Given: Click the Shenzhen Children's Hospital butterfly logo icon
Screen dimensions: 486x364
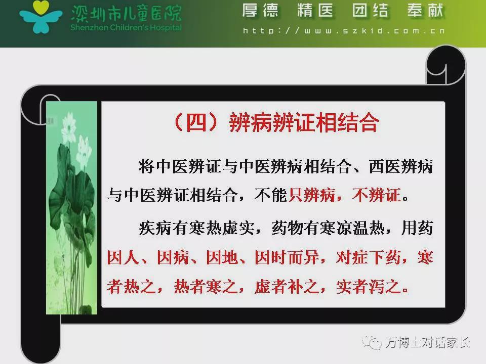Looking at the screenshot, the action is coord(40,17).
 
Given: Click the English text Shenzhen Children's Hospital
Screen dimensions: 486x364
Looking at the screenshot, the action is coord(126,27).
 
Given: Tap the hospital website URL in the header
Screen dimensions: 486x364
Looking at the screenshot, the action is coord(344,31).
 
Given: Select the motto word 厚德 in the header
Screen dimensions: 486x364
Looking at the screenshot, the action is coord(260,10).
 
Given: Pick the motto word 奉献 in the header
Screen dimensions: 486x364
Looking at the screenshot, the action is coord(426,10).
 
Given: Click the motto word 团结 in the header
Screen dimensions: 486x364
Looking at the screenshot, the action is coord(371,10).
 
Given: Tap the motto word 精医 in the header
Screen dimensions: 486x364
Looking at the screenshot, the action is coord(315,10).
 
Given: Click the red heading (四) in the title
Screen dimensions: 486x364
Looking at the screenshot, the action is coord(195,122).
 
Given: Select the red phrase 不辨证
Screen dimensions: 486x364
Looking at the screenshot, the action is coord(377,195).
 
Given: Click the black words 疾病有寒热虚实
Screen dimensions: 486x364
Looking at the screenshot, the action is coord(196,228).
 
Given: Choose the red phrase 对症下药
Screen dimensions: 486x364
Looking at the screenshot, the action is coord(369,257).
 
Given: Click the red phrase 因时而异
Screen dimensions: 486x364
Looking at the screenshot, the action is coord(287,257).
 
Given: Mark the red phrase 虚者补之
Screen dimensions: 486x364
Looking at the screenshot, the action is coord(287,286).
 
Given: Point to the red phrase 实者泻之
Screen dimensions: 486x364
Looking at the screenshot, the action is coord(369,286).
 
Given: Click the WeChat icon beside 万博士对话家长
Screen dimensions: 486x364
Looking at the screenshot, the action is coord(372,342).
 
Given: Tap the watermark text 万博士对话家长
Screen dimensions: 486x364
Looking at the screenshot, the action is coord(428,342).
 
